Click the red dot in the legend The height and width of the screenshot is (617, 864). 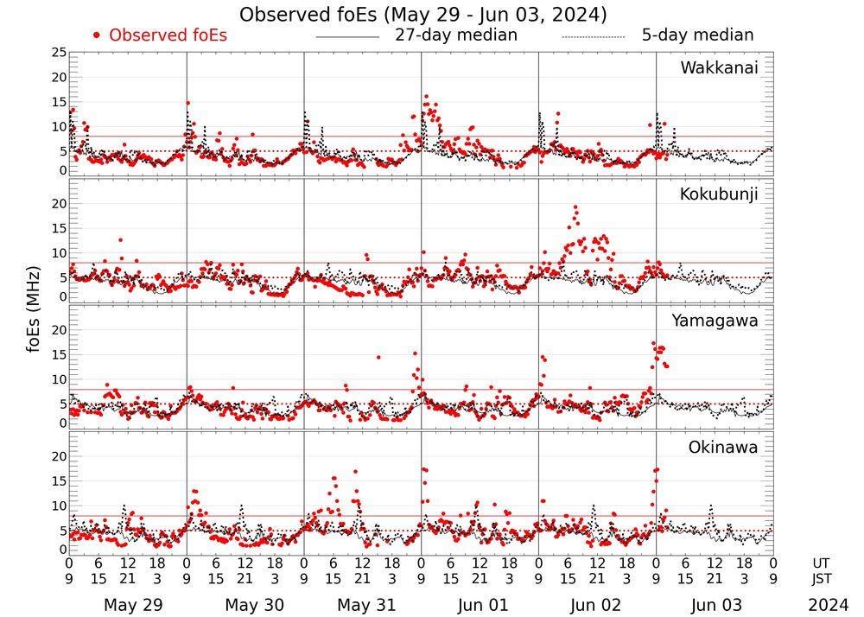[x=97, y=35]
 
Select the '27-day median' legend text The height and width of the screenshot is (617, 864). [x=455, y=35]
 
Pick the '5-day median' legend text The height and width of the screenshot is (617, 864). [x=697, y=35]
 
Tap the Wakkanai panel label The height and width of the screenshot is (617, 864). [x=719, y=67]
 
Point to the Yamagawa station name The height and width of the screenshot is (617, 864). [x=715, y=321]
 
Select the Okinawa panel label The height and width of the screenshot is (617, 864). [x=722, y=448]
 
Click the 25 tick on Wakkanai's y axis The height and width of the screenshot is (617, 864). [x=59, y=53]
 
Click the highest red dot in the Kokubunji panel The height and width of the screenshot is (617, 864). [x=575, y=207]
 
